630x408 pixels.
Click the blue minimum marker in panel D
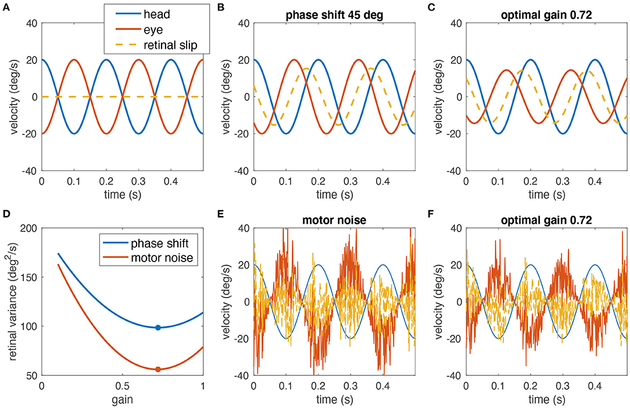pyautogui.click(x=157, y=328)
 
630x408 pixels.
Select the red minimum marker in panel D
pyautogui.click(x=157, y=369)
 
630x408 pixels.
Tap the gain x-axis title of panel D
pyautogui.click(x=121, y=400)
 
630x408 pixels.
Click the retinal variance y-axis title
pyautogui.click(x=11, y=302)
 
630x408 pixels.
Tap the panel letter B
pyautogui.click(x=218, y=8)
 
